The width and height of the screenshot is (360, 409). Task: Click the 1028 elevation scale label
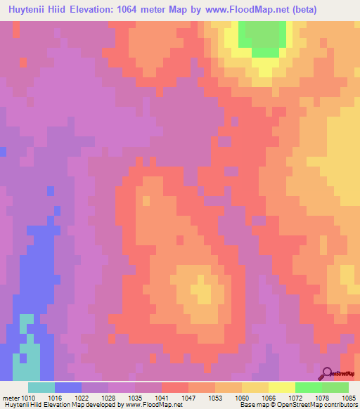[109, 397]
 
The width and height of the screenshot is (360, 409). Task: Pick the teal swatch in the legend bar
[41, 387]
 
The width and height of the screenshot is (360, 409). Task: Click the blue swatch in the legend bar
[68, 387]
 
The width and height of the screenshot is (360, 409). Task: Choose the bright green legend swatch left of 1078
[308, 387]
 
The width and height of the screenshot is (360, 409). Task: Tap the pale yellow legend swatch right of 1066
[281, 387]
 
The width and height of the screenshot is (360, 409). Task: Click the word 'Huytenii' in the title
[31, 10]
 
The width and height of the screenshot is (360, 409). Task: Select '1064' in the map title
[152, 10]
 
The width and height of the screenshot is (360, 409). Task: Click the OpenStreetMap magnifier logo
[326, 373]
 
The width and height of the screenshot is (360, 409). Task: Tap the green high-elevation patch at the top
[264, 37]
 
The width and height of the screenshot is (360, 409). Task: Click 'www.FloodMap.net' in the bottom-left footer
[148, 405]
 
